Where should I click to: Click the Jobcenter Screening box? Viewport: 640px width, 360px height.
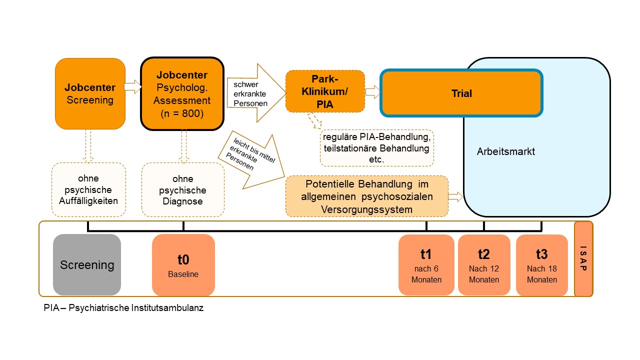click(x=90, y=93)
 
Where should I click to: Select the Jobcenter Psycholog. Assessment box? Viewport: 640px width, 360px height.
click(x=182, y=93)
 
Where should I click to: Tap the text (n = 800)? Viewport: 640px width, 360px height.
click(x=182, y=113)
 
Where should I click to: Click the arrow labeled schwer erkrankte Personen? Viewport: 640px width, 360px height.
click(x=255, y=93)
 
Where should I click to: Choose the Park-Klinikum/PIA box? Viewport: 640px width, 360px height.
click(x=325, y=91)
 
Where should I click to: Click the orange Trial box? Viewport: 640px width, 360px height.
click(x=461, y=93)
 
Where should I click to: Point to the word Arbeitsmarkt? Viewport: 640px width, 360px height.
click(x=505, y=151)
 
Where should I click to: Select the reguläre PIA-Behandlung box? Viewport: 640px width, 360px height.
click(x=376, y=148)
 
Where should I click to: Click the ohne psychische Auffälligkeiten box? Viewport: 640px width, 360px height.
click(x=88, y=190)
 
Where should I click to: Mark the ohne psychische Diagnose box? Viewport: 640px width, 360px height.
click(x=182, y=190)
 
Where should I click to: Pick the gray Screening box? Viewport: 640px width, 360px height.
click(x=87, y=265)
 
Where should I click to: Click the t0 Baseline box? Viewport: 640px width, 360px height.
click(x=183, y=265)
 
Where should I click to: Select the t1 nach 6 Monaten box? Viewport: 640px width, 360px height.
click(x=426, y=265)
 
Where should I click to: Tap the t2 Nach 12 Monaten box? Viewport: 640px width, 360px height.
click(x=484, y=265)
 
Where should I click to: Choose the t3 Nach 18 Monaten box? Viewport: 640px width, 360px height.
click(x=542, y=265)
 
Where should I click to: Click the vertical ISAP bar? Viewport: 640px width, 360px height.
click(x=583, y=259)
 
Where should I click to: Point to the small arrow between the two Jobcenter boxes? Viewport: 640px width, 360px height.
click(x=132, y=87)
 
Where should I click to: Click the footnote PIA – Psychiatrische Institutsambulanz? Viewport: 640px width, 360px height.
click(x=123, y=308)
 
